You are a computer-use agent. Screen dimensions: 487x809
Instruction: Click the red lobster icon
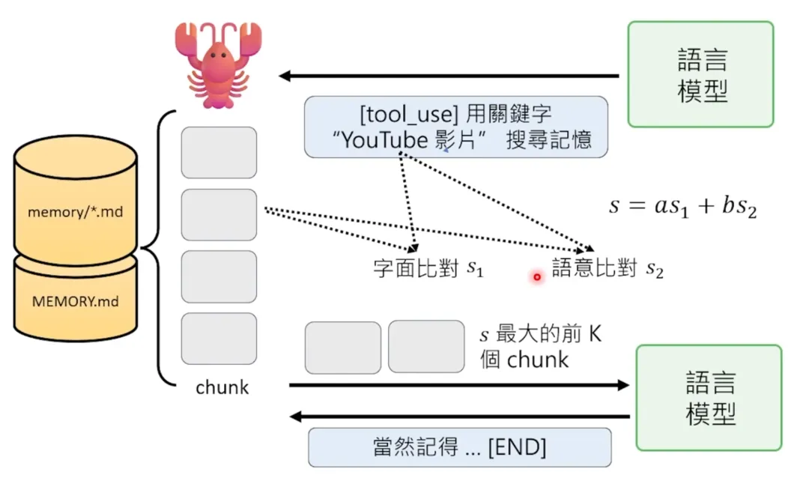218,64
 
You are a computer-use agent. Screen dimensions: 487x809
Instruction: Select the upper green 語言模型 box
700,74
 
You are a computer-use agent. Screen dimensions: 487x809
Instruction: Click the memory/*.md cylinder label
75,212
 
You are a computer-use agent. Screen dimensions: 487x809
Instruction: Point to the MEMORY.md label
75,303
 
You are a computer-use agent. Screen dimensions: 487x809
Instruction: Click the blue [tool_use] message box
455,127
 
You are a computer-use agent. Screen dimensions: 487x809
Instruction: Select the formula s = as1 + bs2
682,206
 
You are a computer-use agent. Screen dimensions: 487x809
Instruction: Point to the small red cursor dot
537,277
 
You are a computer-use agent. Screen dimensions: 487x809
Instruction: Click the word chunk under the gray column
222,387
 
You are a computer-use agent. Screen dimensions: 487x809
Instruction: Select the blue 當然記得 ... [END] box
460,448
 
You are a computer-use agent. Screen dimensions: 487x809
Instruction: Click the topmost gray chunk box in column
219,153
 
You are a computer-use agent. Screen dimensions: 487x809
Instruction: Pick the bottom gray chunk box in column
219,339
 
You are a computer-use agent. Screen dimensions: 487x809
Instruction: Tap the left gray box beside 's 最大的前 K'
343,348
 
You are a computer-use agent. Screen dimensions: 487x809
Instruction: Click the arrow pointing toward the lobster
449,76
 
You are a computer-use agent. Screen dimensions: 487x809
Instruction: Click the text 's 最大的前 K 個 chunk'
539,347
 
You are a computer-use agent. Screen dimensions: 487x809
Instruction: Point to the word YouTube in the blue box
383,140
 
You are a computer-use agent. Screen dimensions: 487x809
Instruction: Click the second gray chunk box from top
219,215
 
